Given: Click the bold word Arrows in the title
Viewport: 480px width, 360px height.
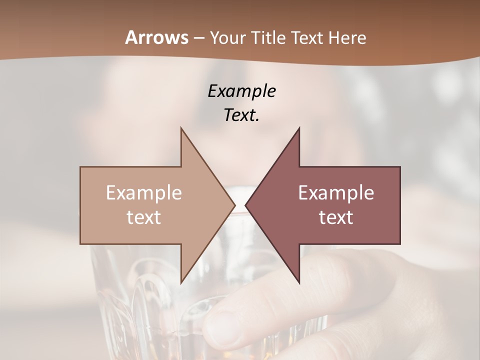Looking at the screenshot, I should point(157,37).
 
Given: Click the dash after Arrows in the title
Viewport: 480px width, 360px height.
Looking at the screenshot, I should point(198,38).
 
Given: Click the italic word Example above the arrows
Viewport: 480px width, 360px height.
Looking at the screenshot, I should point(242,91).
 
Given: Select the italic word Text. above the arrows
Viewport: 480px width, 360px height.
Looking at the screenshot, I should point(241,115).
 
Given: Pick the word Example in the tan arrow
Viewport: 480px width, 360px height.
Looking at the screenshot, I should point(144,192).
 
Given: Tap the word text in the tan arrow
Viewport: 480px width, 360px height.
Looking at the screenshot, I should point(144,217).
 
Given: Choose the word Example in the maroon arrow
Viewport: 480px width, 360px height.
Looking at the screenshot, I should point(336,192).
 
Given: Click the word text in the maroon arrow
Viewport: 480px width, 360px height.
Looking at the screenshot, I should point(336,217).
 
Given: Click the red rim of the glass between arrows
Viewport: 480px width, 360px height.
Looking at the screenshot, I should point(240,214).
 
